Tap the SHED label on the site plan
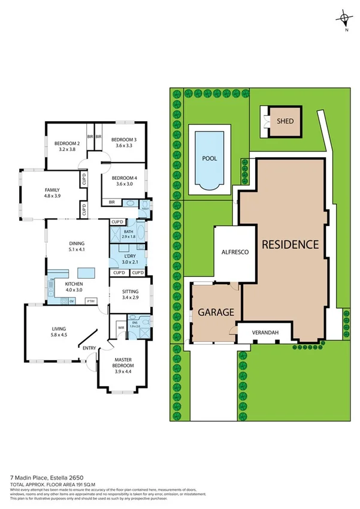[285, 121]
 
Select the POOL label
[209, 159]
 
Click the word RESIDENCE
[289, 244]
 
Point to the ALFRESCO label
[231, 252]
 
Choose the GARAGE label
[215, 312]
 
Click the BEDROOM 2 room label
[67, 143]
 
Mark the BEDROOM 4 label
[123, 179]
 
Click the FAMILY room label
[52, 190]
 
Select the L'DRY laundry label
[130, 256]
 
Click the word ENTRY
[89, 348]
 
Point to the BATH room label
[128, 231]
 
